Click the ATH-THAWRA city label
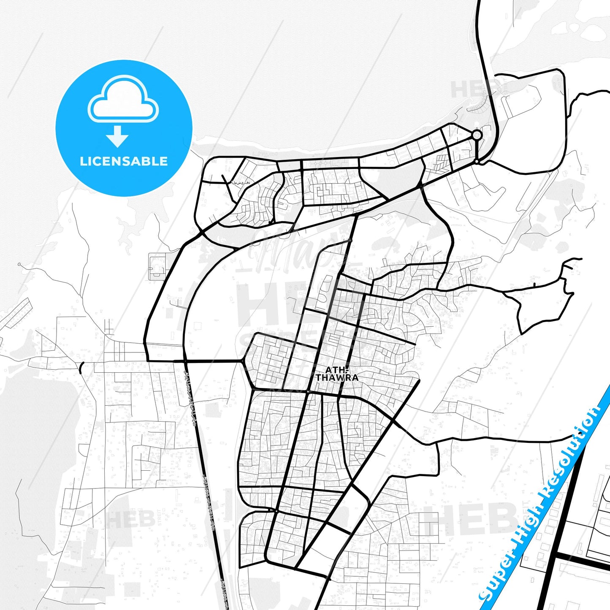click(x=337, y=374)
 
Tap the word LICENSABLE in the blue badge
click(x=124, y=161)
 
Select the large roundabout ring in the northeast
click(x=477, y=135)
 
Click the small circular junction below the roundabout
click(x=477, y=161)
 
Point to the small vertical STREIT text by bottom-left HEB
click(x=160, y=519)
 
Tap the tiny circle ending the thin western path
click(x=19, y=264)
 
